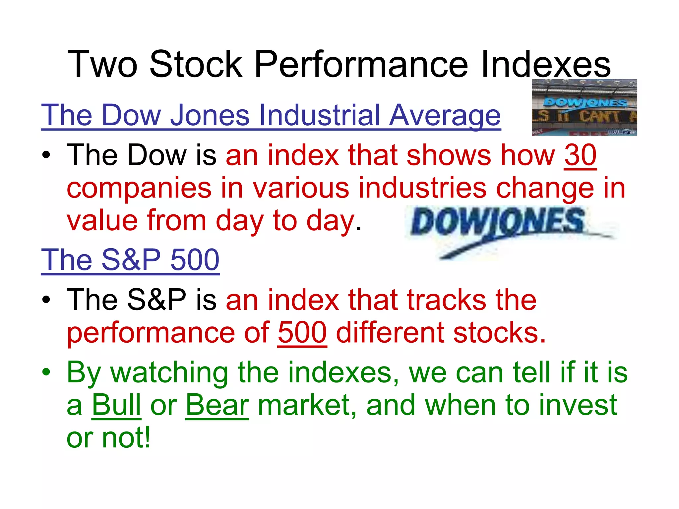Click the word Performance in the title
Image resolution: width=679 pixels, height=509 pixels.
361,64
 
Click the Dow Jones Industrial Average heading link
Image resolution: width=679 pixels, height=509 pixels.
271,115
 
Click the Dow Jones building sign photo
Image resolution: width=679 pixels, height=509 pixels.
584,107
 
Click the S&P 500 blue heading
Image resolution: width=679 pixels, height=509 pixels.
130,260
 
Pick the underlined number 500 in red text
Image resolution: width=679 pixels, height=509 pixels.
302,333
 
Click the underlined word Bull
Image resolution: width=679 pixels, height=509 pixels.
116,405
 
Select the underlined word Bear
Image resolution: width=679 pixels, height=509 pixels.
217,405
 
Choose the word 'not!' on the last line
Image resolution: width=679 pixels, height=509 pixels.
126,437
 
